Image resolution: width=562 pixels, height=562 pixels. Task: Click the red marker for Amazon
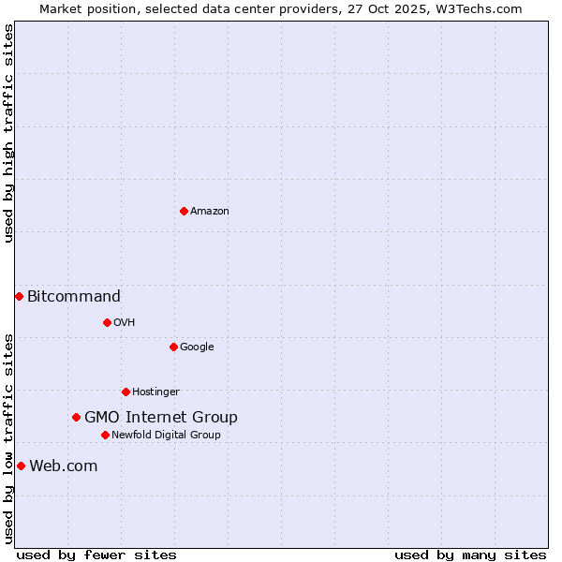184,211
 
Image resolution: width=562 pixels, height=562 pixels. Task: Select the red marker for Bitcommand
19,296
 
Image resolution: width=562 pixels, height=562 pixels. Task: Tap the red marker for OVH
107,322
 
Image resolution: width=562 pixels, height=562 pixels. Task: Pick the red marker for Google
173,347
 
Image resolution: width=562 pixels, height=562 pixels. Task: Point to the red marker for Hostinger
126,392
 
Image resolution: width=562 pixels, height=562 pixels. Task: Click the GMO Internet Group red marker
76,417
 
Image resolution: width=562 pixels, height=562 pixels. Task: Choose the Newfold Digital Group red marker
105,435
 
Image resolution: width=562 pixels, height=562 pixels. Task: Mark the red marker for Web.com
21,466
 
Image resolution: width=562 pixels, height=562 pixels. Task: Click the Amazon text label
210,212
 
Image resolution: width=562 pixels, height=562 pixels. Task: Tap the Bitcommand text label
74,297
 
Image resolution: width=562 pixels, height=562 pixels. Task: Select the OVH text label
125,323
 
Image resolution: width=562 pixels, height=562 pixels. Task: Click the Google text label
197,348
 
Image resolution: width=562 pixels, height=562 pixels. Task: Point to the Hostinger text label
155,392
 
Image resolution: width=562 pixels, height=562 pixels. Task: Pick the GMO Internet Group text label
161,418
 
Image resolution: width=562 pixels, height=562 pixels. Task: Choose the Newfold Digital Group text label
166,436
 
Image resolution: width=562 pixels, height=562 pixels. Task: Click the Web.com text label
64,466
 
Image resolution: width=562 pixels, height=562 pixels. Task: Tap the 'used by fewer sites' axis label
96,555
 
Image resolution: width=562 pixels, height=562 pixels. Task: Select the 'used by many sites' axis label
470,555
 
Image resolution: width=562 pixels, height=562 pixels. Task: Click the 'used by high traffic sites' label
8,133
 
